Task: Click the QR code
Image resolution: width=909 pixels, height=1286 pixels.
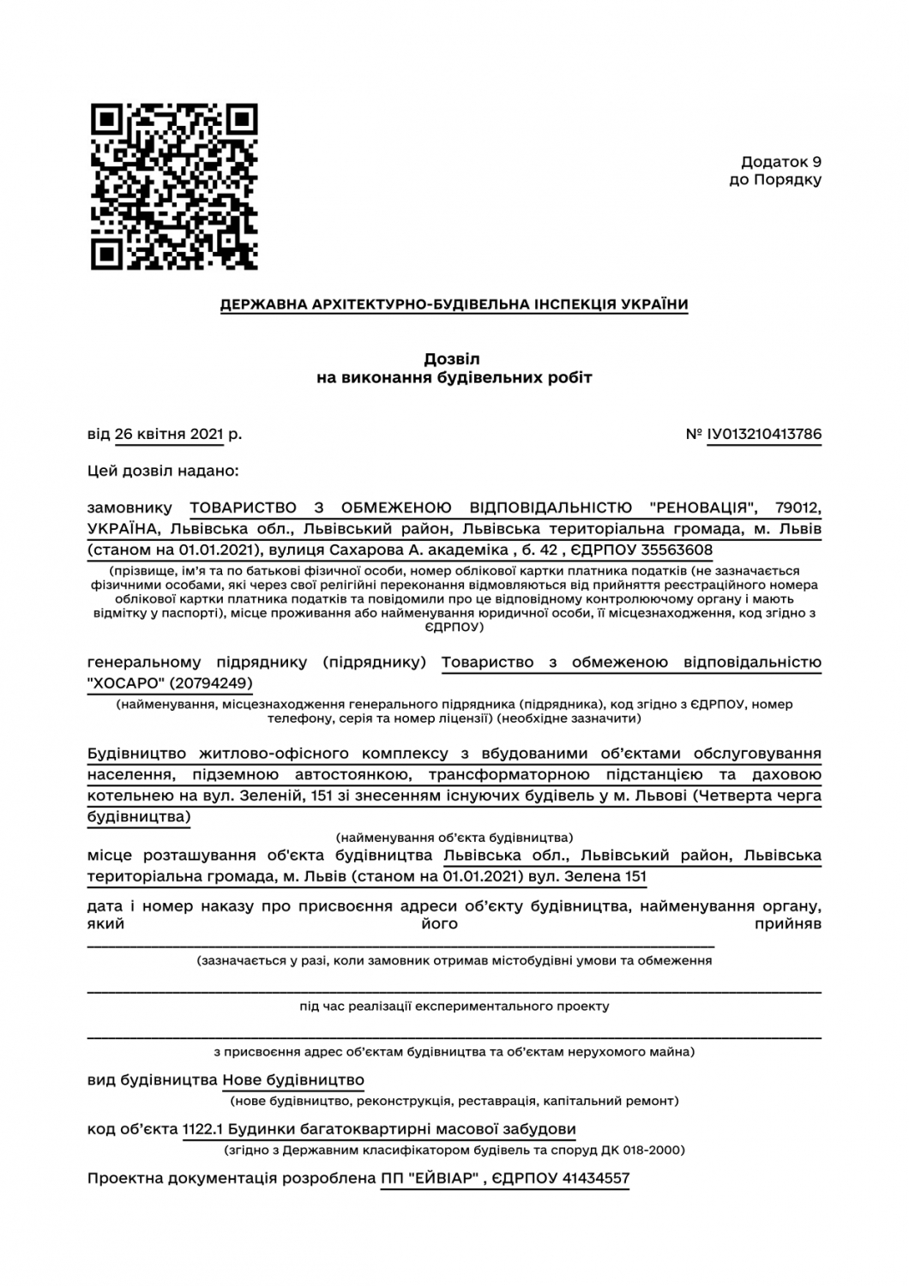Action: [174, 187]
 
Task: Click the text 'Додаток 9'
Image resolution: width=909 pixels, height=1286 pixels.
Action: [781, 161]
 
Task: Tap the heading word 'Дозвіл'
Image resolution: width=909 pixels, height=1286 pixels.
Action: [454, 358]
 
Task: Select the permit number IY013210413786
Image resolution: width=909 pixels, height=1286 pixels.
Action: [764, 434]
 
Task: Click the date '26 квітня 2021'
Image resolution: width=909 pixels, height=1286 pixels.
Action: [169, 434]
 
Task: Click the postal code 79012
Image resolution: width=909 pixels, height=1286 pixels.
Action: [798, 508]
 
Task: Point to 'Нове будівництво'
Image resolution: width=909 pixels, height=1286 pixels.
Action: [293, 1080]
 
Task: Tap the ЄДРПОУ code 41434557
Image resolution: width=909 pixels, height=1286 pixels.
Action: [596, 1179]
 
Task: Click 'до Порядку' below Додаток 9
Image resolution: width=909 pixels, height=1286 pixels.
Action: [774, 180]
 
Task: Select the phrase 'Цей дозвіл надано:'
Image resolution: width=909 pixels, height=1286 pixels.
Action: [163, 471]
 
